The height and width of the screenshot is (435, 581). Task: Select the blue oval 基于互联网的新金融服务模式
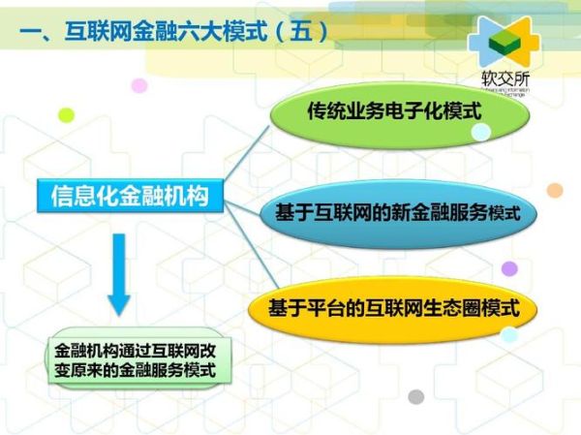(397, 211)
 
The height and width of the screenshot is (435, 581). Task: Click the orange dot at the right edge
(555, 190)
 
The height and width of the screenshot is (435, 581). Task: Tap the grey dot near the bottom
(415, 396)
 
